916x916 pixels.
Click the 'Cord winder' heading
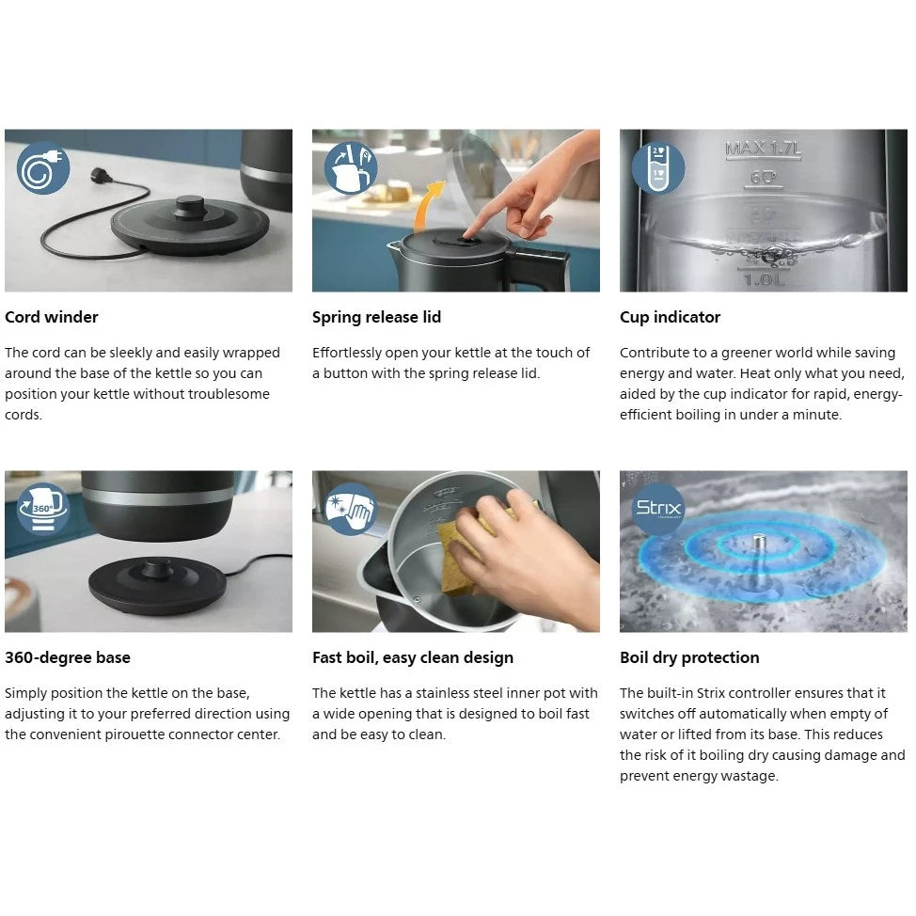52,317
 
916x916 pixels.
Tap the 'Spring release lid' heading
376,317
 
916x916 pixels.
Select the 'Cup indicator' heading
670,317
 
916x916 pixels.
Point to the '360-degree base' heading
67,657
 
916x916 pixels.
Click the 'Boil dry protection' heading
689,657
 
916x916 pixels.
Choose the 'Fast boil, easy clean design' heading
413,657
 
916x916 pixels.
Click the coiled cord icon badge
43,168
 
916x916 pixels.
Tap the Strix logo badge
658,509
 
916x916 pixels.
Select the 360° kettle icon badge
43,509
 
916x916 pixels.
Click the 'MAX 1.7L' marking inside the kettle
763,150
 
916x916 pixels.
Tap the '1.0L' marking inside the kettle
764,280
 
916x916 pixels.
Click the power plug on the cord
101,175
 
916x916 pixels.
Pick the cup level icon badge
658,168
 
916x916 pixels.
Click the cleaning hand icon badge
351,509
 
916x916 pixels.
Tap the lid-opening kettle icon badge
351,168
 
